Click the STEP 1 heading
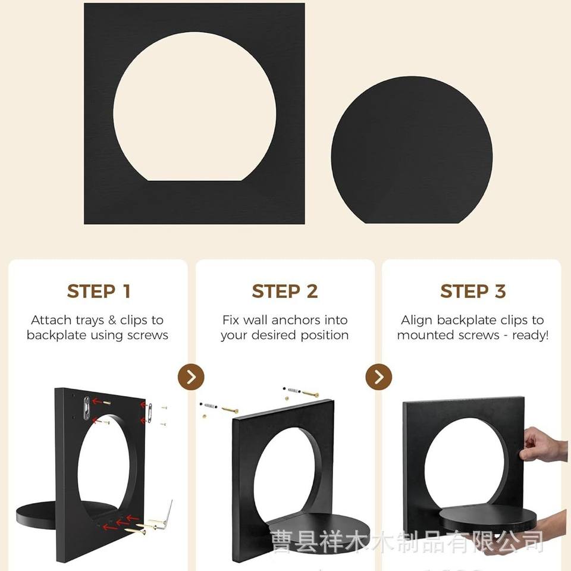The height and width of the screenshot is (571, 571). coord(99,291)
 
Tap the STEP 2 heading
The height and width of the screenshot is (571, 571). coord(285,291)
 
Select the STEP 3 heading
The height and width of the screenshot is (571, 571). coord(473,291)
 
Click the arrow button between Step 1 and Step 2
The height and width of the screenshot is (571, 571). coord(191,377)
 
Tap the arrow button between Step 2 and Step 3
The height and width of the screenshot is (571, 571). coord(379,377)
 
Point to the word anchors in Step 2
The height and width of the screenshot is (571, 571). coord(297,320)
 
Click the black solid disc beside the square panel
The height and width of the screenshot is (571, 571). coord(412,150)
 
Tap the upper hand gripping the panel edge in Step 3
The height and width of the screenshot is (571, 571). coord(542,444)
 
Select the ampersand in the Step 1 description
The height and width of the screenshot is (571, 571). coord(112,321)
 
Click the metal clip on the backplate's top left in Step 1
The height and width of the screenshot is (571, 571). coord(87,408)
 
